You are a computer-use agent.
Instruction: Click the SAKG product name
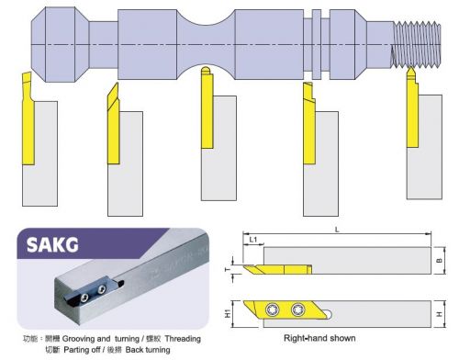tap(52, 245)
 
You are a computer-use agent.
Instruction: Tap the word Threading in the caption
tap(183, 339)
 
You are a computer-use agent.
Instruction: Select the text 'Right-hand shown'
tap(319, 338)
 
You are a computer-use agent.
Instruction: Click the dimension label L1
tap(253, 240)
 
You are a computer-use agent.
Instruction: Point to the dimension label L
tap(337, 230)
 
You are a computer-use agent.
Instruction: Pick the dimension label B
tap(440, 261)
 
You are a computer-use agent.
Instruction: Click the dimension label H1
tap(228, 314)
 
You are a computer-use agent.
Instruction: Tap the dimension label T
tap(228, 270)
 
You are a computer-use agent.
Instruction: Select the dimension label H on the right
tap(440, 314)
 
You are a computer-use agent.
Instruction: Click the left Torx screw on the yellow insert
tap(273, 309)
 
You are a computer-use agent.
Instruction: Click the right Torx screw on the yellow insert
tap(298, 309)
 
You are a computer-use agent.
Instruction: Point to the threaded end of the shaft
tap(417, 44)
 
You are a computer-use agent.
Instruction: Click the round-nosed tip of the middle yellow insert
tap(206, 70)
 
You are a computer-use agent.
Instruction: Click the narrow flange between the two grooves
tap(317, 44)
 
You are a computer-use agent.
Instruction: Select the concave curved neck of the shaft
tap(206, 44)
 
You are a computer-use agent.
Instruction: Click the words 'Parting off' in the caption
tap(82, 350)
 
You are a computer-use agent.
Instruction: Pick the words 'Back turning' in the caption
tap(148, 350)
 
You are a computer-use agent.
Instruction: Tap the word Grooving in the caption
tap(79, 339)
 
